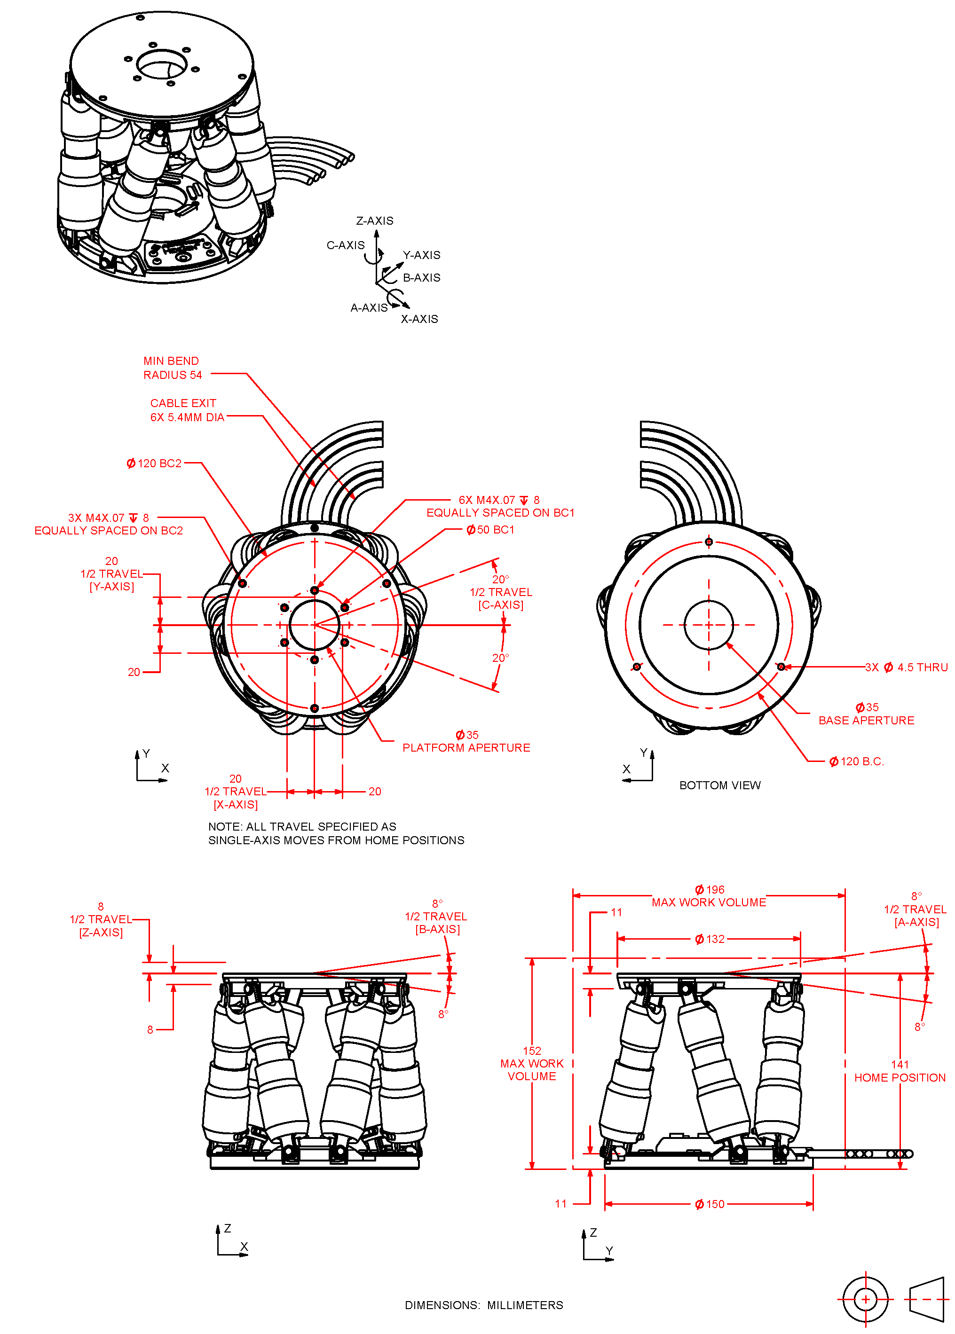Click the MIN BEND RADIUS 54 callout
172,368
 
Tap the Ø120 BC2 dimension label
154,463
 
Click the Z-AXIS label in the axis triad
375,221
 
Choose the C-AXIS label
345,245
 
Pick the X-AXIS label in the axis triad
419,319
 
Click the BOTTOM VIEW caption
719,785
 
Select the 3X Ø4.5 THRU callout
906,667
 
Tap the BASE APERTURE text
866,720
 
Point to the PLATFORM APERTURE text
466,748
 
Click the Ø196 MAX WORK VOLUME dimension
709,896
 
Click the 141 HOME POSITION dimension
899,1071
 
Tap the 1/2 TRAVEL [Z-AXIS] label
101,919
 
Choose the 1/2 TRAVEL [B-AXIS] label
436,917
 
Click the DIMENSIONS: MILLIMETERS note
483,1305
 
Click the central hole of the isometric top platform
162,63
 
